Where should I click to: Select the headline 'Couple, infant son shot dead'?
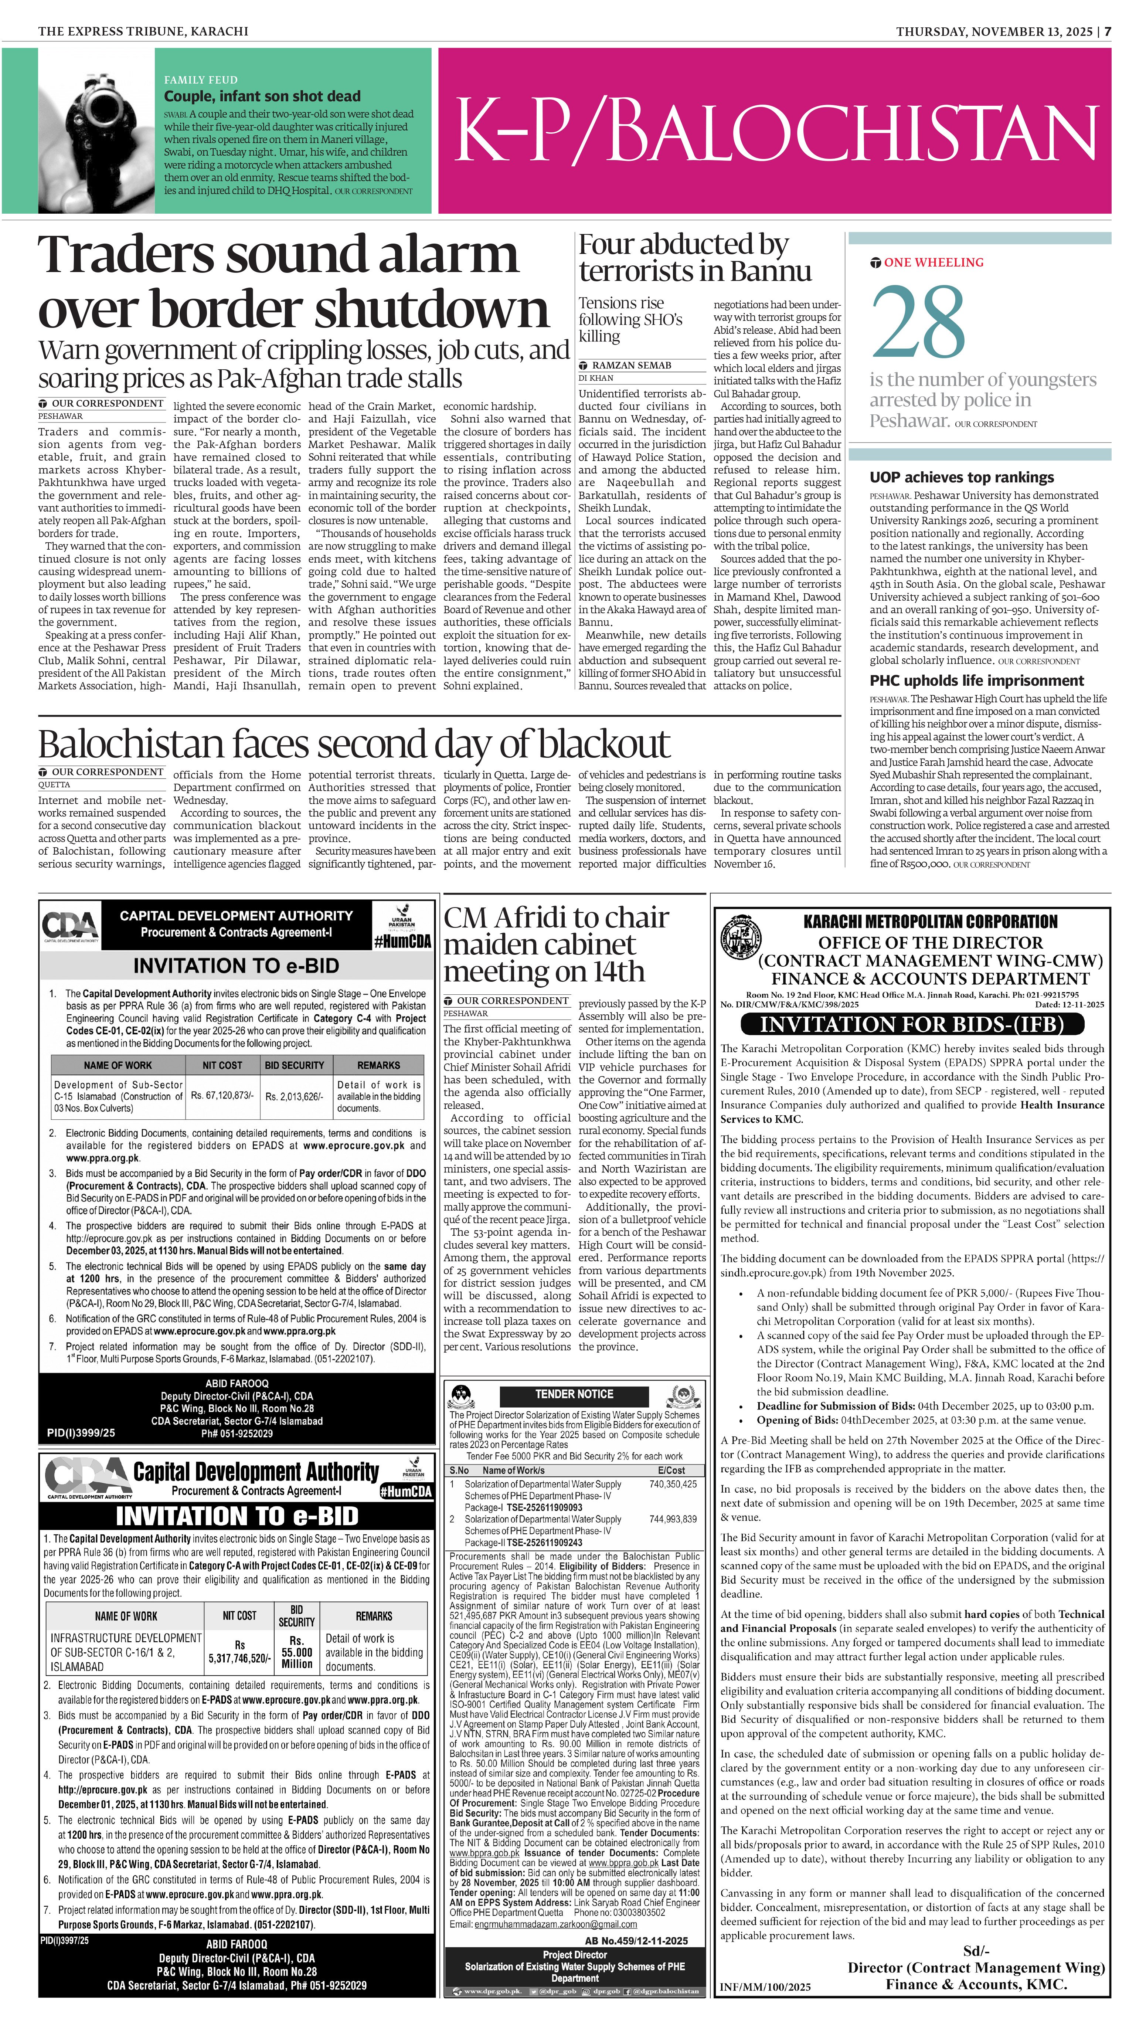tap(262, 96)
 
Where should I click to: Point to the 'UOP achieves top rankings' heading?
tap(961, 477)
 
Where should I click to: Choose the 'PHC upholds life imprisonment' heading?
tap(976, 680)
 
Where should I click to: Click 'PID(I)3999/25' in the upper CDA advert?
tap(81, 1432)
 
